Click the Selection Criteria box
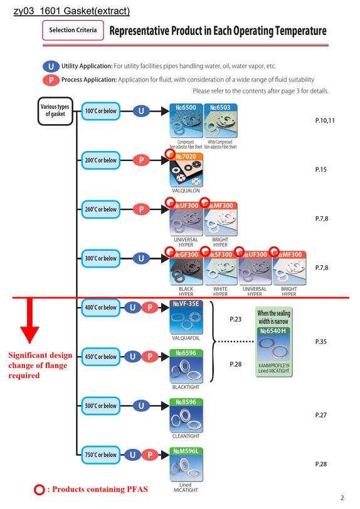[73, 30]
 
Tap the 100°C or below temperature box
[101, 111]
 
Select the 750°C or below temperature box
[101, 455]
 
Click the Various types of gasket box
[55, 111]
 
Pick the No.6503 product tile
[221, 120]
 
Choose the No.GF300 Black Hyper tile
[186, 268]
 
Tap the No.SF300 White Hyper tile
[221, 268]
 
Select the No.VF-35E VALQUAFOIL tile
[186, 317]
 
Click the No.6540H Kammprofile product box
[274, 342]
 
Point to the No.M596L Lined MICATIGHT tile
[186, 464]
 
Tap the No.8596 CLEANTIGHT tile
[186, 415]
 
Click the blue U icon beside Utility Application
[51, 66]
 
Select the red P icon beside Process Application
[51, 80]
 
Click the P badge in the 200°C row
[141, 160]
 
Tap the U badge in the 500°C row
[141, 406]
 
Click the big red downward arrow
[29, 320]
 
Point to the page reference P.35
[320, 342]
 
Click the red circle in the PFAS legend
[40, 490]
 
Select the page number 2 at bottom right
[342, 498]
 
